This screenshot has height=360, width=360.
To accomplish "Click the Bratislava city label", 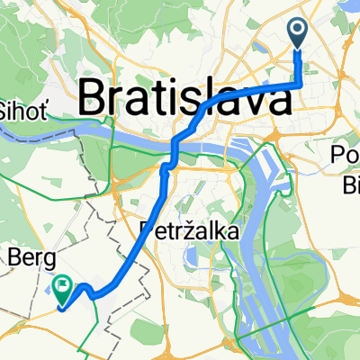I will [186, 94].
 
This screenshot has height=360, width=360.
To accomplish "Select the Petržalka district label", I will [190, 232].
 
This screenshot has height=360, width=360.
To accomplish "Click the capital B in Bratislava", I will [93, 94].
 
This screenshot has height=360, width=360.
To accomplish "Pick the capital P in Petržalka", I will [148, 231].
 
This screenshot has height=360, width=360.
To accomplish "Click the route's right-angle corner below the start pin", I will [298, 85].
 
